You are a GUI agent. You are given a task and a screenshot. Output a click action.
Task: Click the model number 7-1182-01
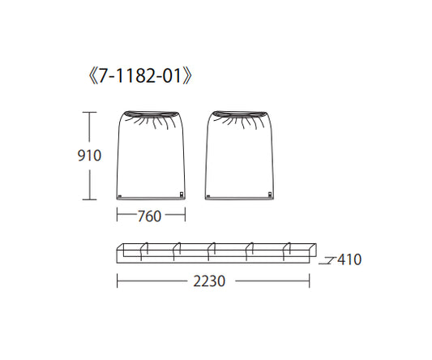142,77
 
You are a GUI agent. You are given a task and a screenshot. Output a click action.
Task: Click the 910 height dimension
89,155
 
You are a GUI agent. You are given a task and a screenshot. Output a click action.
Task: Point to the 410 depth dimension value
349,260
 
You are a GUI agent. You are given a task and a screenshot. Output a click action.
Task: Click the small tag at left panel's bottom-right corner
182,194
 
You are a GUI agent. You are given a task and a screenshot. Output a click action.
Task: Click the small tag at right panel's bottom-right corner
269,194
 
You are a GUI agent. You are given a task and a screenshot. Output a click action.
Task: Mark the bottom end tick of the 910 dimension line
89,199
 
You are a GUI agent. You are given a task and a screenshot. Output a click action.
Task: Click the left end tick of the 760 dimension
118,216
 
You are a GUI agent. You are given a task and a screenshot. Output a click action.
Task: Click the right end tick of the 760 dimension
186,216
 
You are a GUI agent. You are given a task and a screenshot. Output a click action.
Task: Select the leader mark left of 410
327,260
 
